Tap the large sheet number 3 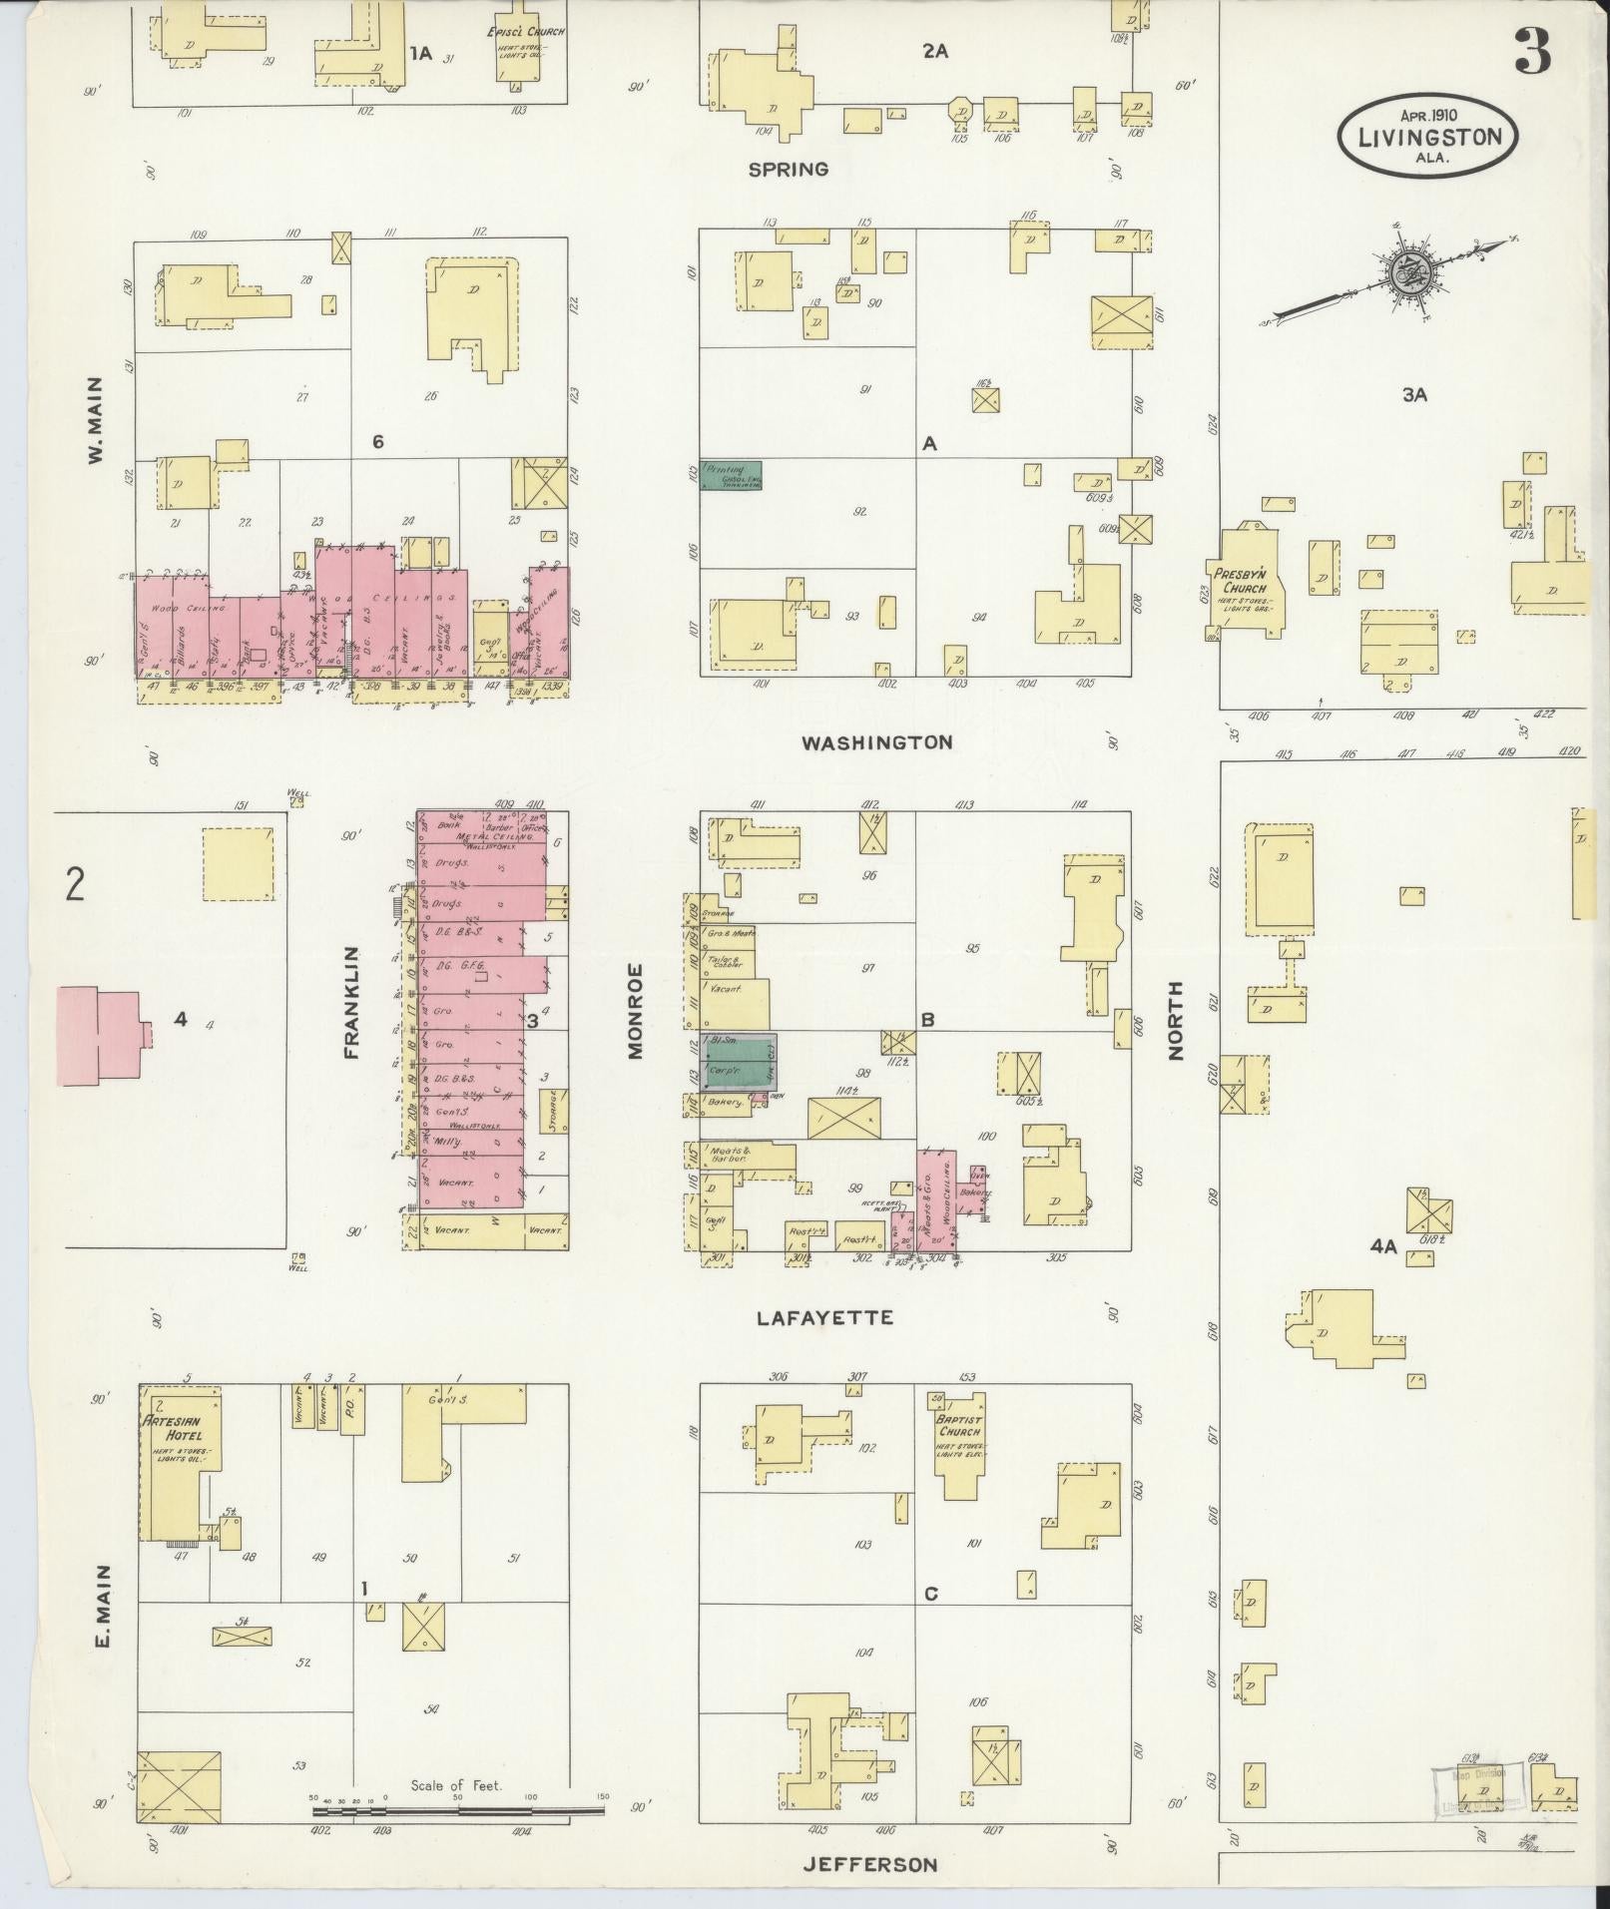[1533, 52]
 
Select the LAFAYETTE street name [824, 1318]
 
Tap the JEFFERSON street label [871, 1864]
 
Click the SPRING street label [789, 170]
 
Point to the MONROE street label [636, 1009]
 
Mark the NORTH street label [1175, 1020]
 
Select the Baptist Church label [959, 1425]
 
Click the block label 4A [1382, 1245]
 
